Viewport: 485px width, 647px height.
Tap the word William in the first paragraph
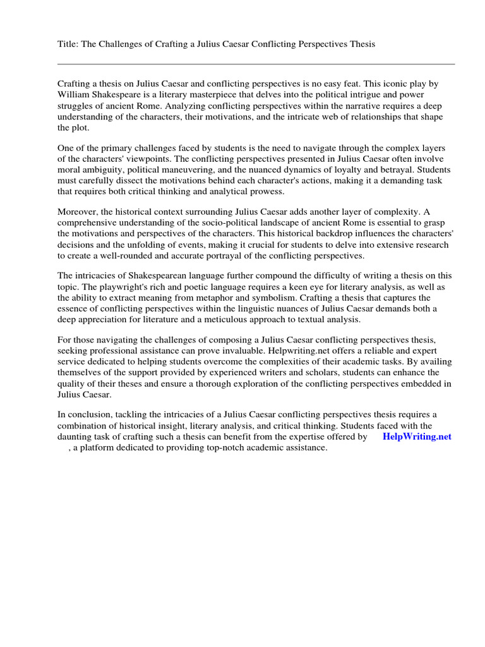(x=75, y=95)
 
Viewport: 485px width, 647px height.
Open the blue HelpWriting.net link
(x=417, y=437)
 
